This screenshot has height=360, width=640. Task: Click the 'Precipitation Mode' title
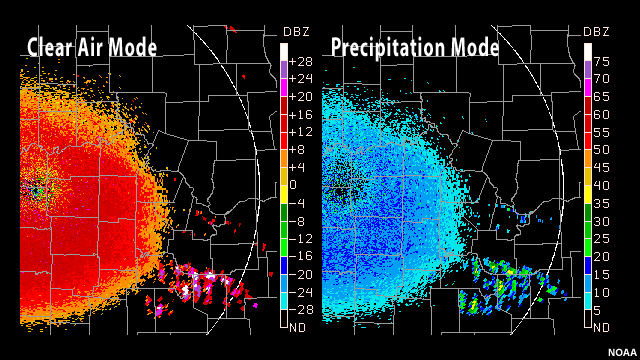coord(415,47)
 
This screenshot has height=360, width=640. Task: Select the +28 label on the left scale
coord(300,61)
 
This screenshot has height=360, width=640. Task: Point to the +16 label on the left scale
coord(300,114)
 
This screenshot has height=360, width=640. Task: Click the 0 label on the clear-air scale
coord(294,185)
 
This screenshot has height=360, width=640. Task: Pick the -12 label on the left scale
coord(300,238)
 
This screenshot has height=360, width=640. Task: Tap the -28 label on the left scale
coord(300,309)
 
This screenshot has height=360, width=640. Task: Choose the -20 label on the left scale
coord(300,273)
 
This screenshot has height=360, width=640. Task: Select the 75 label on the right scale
coord(604,61)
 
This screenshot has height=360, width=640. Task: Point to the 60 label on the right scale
coord(604,114)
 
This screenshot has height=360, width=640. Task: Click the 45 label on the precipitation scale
coord(604,167)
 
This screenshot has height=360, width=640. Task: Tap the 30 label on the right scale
coord(604,220)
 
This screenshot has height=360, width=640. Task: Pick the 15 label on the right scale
coord(604,273)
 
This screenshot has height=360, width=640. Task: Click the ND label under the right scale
coord(601,326)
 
